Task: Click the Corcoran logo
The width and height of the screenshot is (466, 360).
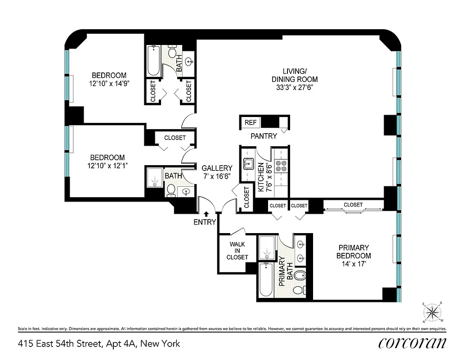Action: click(412, 343)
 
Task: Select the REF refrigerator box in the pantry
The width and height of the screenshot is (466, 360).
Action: click(250, 122)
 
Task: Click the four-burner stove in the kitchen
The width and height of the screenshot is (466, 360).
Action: click(281, 166)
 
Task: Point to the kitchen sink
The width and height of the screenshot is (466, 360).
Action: click(248, 163)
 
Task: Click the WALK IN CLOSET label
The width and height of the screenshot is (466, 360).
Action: click(237, 251)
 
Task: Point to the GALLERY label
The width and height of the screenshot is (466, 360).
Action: click(217, 168)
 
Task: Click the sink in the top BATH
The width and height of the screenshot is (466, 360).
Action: click(189, 62)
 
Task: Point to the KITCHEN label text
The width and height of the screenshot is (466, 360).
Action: click(261, 177)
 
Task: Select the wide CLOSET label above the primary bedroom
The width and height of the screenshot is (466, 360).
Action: click(353, 205)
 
